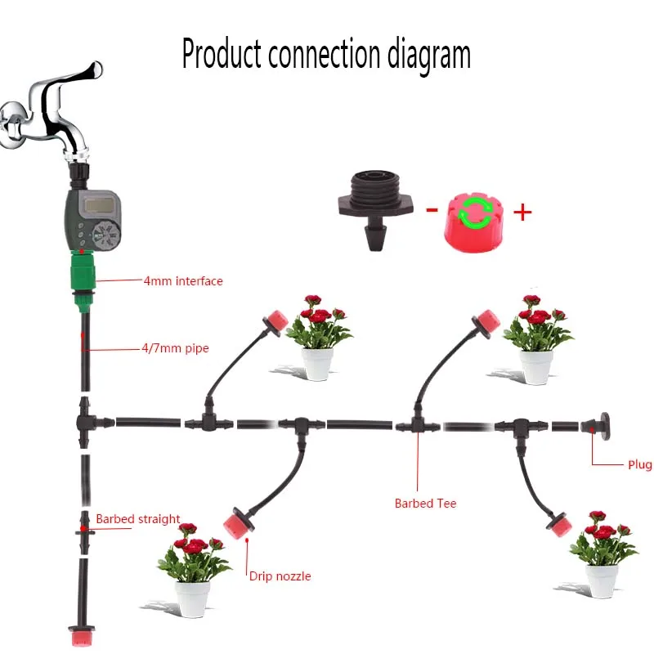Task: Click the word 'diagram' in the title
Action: coord(427,54)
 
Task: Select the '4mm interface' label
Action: coord(182,281)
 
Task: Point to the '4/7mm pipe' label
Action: coord(175,348)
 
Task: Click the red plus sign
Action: coord(522,213)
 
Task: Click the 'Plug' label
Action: coord(639,464)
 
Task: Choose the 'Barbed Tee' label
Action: coord(425,504)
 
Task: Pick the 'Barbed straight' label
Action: coord(137,519)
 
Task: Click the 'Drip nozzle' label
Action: coord(280,576)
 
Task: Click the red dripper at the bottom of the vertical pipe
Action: coord(83,636)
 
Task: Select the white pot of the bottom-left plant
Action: coord(192,598)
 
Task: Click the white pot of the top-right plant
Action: coord(535,366)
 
